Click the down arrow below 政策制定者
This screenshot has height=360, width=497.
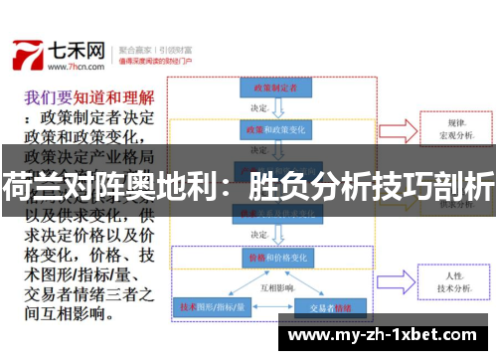click(x=276, y=108)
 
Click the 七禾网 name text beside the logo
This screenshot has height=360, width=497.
click(x=77, y=47)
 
